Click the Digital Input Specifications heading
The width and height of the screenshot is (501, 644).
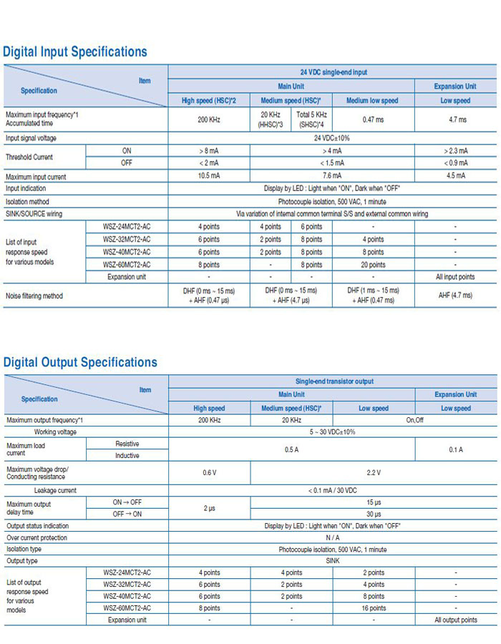(75, 52)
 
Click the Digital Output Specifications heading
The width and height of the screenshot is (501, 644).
(80, 362)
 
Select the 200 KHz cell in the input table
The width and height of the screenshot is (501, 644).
(208, 119)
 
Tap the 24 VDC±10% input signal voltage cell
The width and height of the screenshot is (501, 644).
(332, 138)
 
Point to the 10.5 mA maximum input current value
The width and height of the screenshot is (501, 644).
(208, 176)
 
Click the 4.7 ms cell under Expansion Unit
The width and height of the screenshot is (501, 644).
(456, 119)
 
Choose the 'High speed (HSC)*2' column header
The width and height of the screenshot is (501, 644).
(208, 101)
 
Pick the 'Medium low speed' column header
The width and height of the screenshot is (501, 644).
(373, 101)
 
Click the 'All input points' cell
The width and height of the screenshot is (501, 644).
(456, 277)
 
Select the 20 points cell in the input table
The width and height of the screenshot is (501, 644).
(373, 265)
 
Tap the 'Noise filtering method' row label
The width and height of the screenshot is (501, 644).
(34, 296)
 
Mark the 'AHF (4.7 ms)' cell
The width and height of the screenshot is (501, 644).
(456, 296)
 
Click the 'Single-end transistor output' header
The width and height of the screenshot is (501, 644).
(334, 381)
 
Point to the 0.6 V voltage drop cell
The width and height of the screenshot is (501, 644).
(209, 472)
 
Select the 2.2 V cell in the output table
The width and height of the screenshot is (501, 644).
(374, 472)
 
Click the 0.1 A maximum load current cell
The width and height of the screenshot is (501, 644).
(456, 449)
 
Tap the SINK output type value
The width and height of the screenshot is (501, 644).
(332, 561)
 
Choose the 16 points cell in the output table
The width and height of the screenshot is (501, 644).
(374, 608)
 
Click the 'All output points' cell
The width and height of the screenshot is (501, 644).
(456, 620)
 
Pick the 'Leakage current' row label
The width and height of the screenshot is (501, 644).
(55, 491)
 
